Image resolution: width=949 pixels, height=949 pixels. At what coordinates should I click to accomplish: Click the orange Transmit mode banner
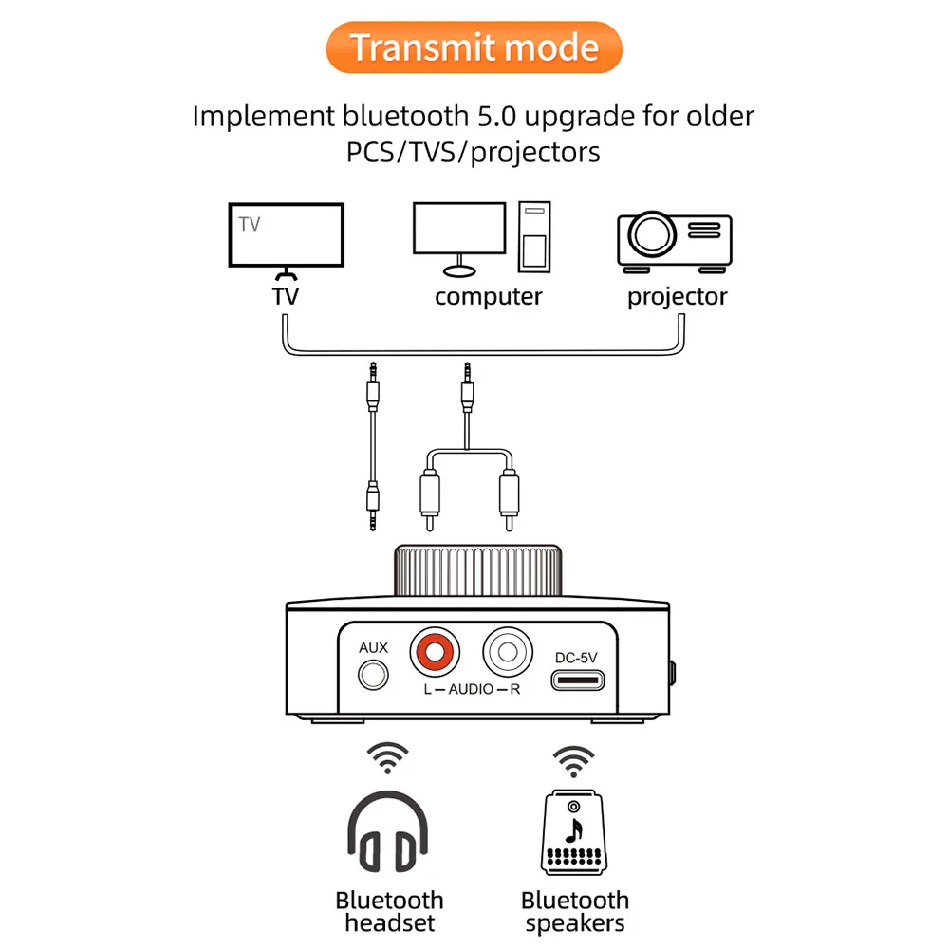click(x=474, y=47)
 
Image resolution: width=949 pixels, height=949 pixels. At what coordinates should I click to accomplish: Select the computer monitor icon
click(x=459, y=239)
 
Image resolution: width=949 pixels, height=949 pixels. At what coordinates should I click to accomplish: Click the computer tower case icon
click(x=534, y=236)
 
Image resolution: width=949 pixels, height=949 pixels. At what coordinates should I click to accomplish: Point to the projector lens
click(x=652, y=234)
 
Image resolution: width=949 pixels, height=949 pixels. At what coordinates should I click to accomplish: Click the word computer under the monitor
click(x=489, y=296)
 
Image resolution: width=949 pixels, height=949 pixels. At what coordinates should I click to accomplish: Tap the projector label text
click(x=678, y=297)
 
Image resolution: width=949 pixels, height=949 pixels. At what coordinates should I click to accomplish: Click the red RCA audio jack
click(x=435, y=652)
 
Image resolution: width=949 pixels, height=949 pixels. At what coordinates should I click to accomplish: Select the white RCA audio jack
click(x=507, y=652)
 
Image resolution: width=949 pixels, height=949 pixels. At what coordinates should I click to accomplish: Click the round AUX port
click(x=373, y=675)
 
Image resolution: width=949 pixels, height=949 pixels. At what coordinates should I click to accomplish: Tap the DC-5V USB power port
click(x=577, y=680)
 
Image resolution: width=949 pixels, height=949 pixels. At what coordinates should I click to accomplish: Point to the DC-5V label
click(x=576, y=658)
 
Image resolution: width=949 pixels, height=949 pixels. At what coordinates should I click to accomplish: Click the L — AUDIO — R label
click(x=472, y=689)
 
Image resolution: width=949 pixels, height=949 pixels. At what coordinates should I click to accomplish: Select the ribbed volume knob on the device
click(x=477, y=570)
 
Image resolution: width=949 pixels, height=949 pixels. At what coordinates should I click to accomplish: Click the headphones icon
click(x=388, y=831)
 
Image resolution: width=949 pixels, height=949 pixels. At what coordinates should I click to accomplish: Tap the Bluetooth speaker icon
click(x=574, y=832)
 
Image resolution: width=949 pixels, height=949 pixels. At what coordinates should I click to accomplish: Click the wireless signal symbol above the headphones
click(x=388, y=757)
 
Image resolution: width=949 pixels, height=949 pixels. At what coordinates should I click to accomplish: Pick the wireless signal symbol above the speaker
click(x=574, y=761)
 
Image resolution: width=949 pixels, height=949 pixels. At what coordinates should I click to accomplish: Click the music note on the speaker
click(x=574, y=830)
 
